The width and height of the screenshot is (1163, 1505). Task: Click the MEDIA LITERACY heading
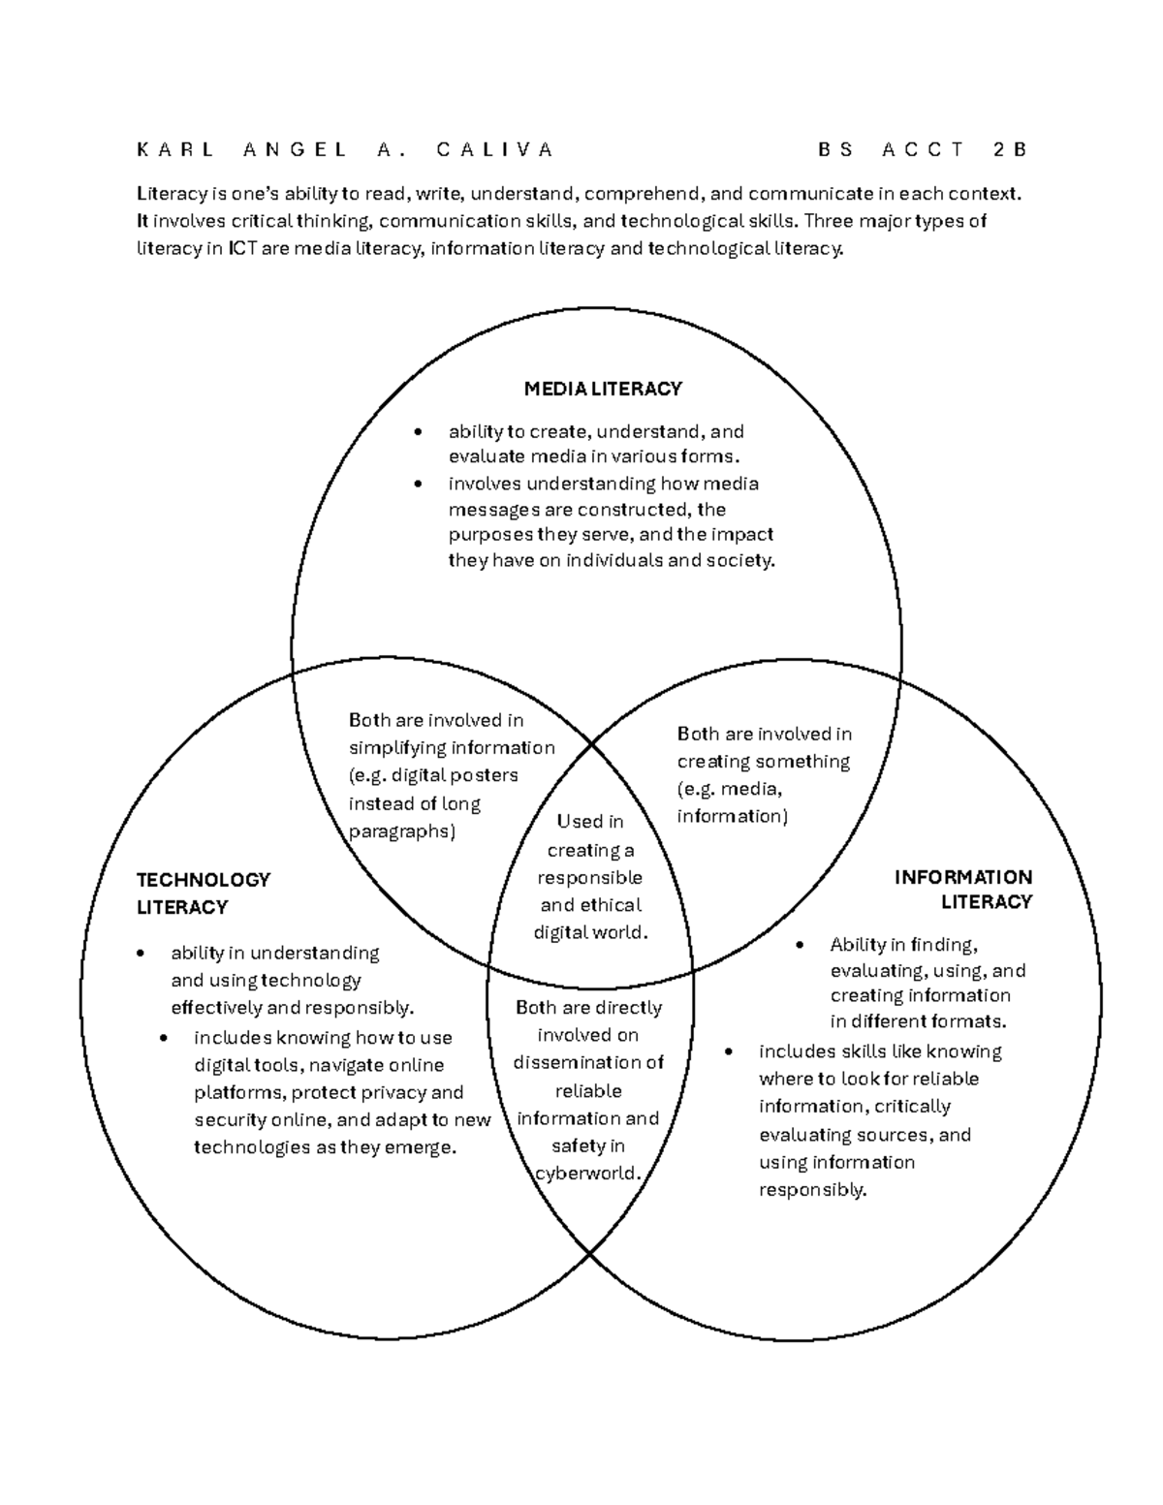click(603, 389)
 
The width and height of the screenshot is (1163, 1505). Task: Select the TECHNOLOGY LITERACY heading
click(203, 894)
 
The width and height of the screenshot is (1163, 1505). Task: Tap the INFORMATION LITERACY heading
click(962, 890)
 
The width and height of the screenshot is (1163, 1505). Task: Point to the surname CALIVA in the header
click(494, 149)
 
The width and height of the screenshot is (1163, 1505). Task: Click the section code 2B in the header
click(1008, 149)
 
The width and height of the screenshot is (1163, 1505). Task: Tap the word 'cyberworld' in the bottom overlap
click(588, 1174)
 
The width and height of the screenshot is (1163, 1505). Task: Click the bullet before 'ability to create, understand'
click(418, 432)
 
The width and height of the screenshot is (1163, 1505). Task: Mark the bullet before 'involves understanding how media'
click(418, 484)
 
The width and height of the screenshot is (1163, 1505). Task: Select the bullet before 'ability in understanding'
click(141, 954)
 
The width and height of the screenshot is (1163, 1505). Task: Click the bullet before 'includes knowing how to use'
click(165, 1038)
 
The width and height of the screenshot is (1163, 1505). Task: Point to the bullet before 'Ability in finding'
click(800, 945)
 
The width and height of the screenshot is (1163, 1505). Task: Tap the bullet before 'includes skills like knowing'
click(729, 1052)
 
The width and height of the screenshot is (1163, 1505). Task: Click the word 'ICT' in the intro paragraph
click(242, 249)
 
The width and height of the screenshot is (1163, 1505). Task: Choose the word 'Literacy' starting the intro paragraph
click(171, 193)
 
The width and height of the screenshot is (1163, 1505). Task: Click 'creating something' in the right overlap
click(764, 762)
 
